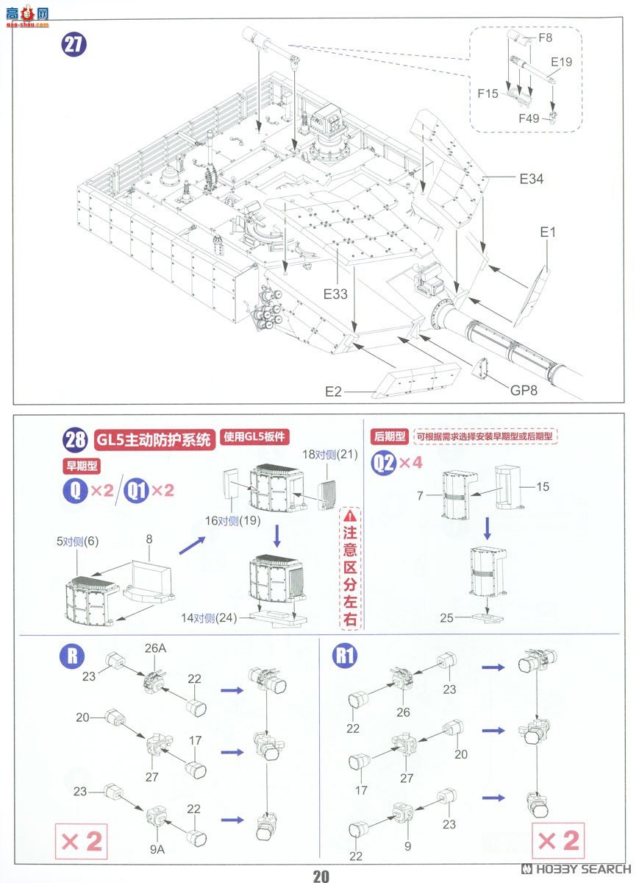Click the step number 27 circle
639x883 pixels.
pyautogui.click(x=74, y=44)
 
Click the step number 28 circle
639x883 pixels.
pyautogui.click(x=76, y=440)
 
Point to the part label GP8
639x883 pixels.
pyautogui.click(x=524, y=390)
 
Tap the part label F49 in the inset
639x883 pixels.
pyautogui.click(x=528, y=118)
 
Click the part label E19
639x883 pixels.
pyautogui.click(x=561, y=62)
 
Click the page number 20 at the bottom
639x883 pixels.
pyautogui.click(x=321, y=876)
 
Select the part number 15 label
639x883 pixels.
pyautogui.click(x=543, y=486)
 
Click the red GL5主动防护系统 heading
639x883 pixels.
pyautogui.click(x=154, y=440)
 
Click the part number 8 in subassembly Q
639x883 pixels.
pyautogui.click(x=149, y=539)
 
